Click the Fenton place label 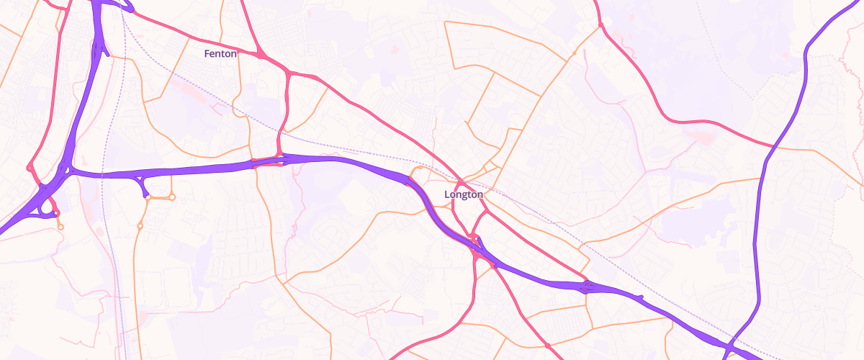coord(220,54)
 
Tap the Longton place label coord(464,194)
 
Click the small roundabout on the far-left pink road coord(30,168)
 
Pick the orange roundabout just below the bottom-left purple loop coord(60,228)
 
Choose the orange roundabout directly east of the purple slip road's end coord(172,197)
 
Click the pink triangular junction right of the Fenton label coord(260,54)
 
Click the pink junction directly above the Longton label coord(459,180)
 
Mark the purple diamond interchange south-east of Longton coord(587,286)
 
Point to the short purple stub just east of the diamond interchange coord(639,297)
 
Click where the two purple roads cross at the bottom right coord(729,348)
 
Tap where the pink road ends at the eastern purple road coord(773,146)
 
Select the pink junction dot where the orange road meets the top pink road coord(600,27)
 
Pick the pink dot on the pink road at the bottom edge coord(548,346)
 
